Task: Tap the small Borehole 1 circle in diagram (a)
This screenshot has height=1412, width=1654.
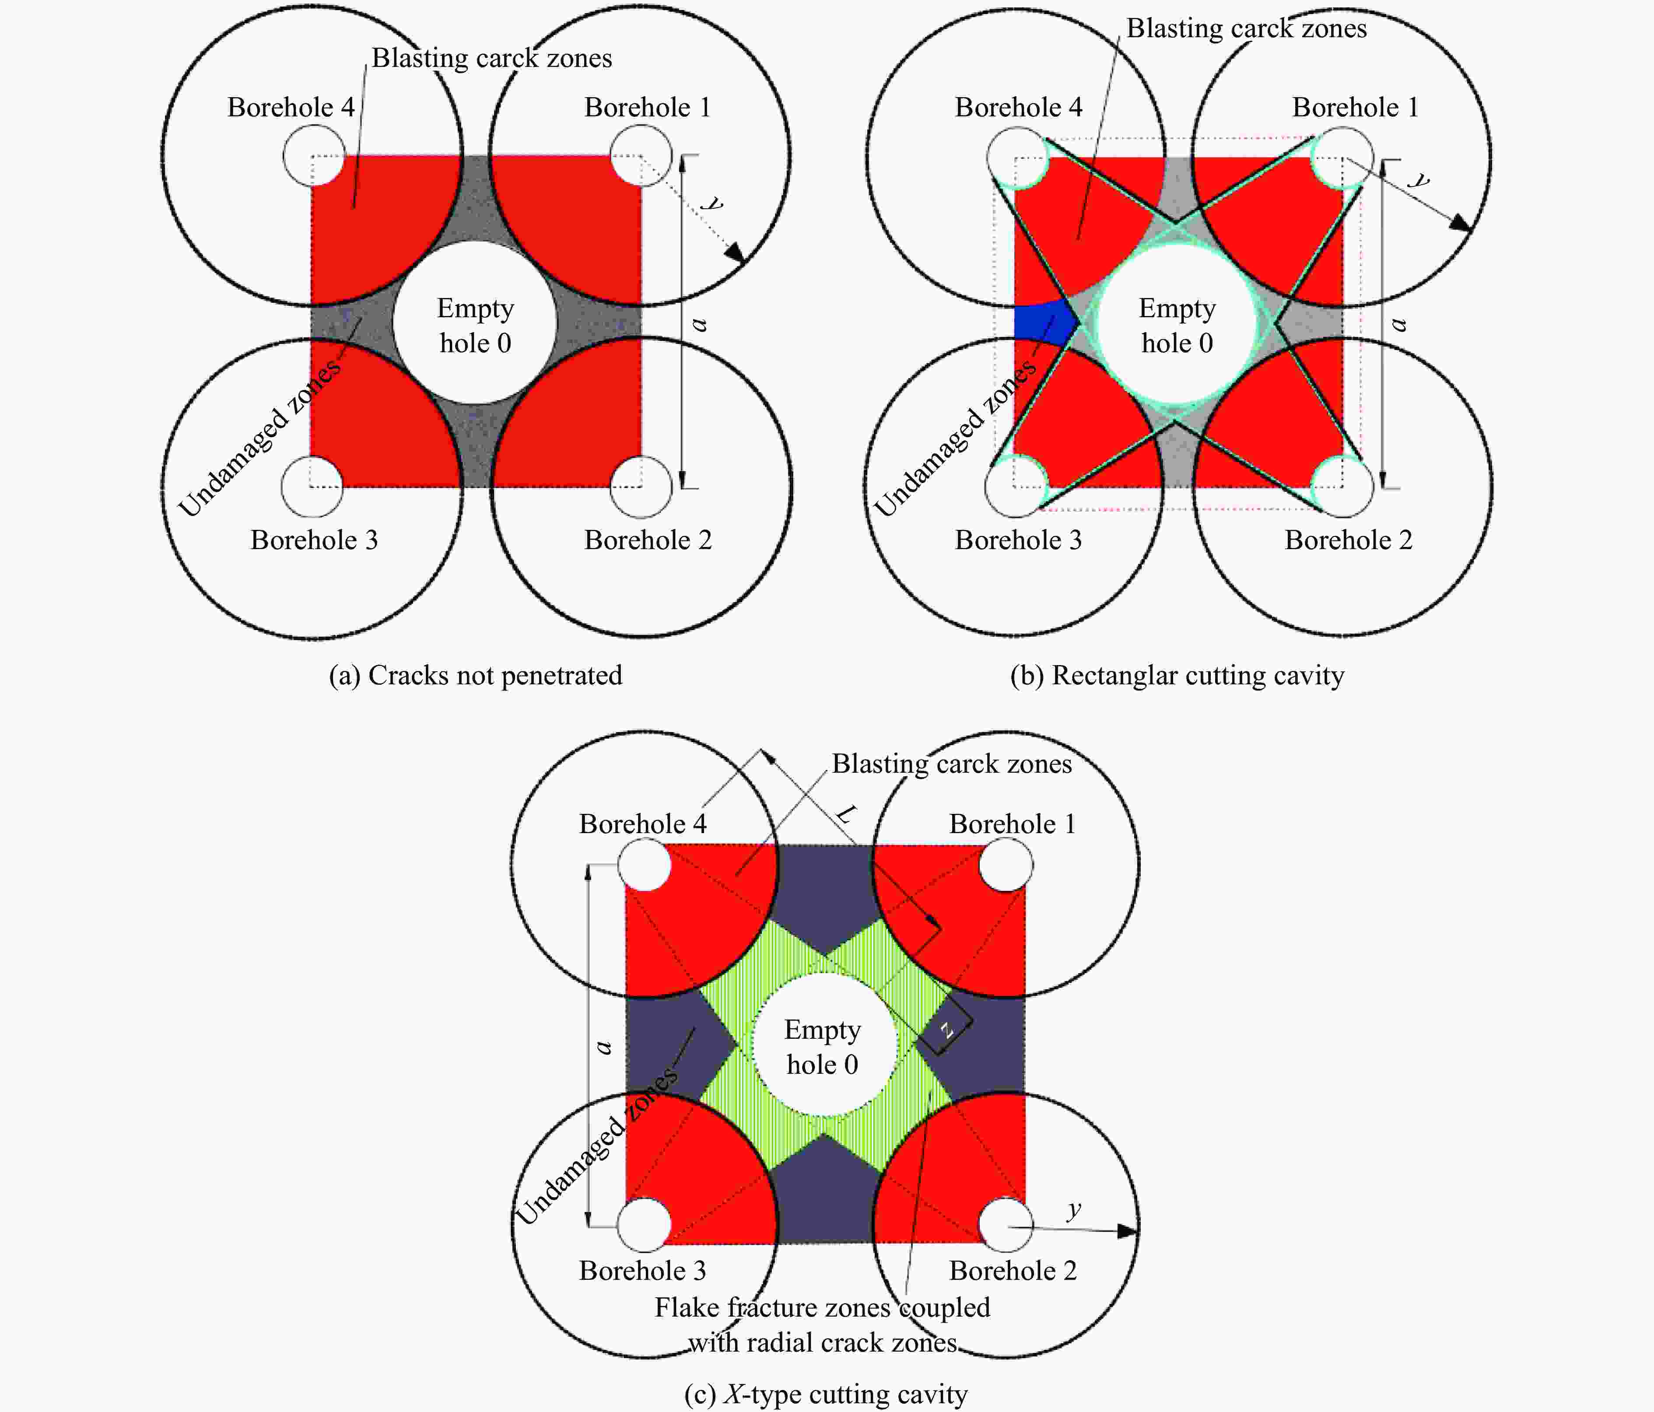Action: click(x=640, y=156)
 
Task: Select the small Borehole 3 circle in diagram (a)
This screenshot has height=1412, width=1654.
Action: click(x=312, y=486)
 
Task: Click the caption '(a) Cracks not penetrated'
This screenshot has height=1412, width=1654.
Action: click(x=475, y=675)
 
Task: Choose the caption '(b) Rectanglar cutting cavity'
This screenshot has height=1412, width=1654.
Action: click(x=1177, y=675)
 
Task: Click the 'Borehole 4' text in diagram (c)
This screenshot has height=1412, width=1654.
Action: click(x=643, y=824)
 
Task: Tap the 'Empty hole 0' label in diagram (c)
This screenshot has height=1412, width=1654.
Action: click(x=822, y=1047)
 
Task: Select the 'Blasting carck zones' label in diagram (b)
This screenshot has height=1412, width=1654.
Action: click(x=1246, y=29)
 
